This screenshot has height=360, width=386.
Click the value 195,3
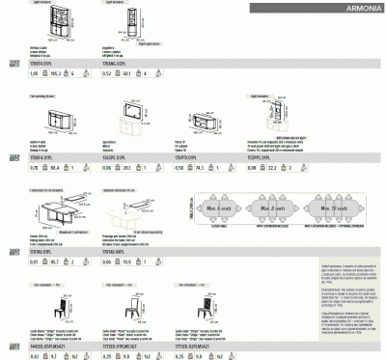[54, 73]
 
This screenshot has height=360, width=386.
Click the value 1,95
[33, 73]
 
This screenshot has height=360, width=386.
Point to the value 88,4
[54, 168]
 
